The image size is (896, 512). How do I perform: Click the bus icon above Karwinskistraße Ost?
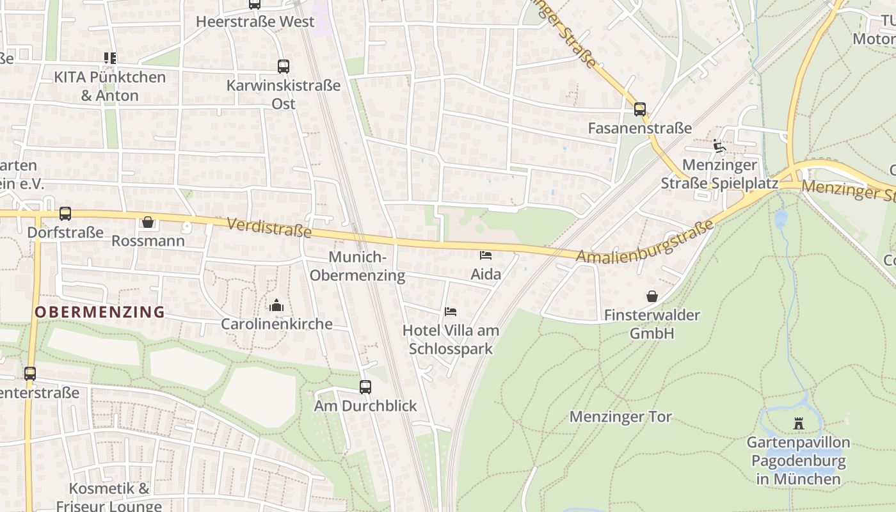283,67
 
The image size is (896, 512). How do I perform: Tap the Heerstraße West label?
255,22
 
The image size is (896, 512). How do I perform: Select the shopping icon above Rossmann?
148,222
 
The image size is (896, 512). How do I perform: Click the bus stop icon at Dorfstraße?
65,214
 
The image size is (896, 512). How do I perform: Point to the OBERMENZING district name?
100,312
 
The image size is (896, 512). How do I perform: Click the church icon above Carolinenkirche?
276,305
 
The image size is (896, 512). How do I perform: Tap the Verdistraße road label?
269,227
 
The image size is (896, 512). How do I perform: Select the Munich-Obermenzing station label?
367,266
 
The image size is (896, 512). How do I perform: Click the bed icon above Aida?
486,255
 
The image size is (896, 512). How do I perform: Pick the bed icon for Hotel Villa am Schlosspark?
451,312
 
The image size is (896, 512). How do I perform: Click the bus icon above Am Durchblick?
365,387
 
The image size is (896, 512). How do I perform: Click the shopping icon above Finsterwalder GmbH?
652,296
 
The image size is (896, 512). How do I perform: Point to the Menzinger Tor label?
620,417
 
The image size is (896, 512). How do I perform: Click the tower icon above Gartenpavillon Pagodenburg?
798,423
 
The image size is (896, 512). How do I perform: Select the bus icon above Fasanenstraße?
640,109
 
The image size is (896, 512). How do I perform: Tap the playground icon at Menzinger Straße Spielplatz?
719,146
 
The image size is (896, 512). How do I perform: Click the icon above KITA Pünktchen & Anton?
109,58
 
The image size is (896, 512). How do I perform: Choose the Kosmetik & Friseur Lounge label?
109,497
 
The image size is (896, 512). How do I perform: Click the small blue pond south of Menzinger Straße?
780,219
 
